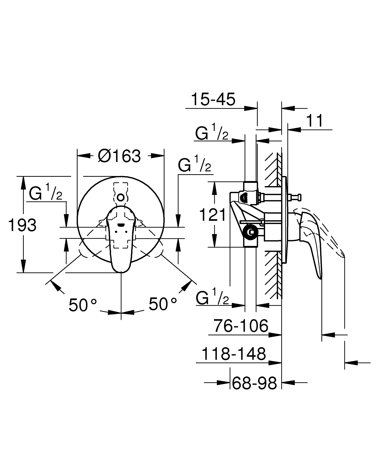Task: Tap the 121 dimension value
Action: [213, 215]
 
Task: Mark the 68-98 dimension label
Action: [254, 383]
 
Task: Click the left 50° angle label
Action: [83, 305]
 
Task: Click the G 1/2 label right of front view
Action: [194, 164]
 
